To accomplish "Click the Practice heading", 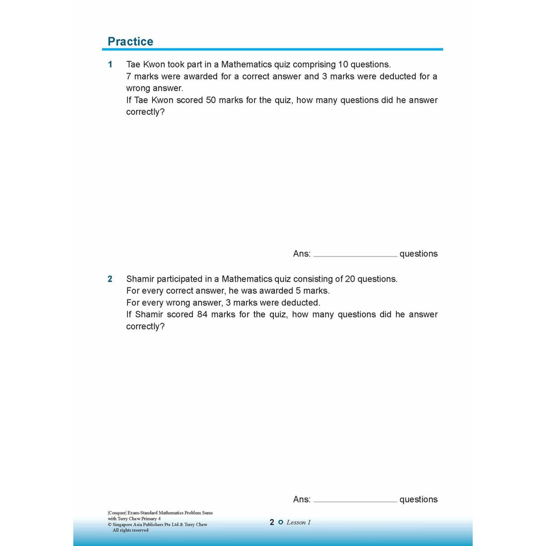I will pyautogui.click(x=130, y=42).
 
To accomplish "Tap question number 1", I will pyautogui.click(x=110, y=65).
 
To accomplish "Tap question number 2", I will pyautogui.click(x=110, y=279).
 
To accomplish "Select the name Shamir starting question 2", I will pyautogui.click(x=140, y=279).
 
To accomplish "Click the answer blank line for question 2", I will pyautogui.click(x=355, y=501).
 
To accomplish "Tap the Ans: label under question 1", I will pyautogui.click(x=302, y=254).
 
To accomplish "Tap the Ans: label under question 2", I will pyautogui.click(x=302, y=500).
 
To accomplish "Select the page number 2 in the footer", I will pyautogui.click(x=272, y=523).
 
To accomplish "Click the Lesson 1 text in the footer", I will pyautogui.click(x=299, y=523).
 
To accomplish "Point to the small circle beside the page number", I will pyautogui.click(x=281, y=523).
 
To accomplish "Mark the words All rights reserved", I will pyautogui.click(x=131, y=531).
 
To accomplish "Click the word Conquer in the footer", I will pyautogui.click(x=117, y=513).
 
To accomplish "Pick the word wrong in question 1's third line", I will pyautogui.click(x=138, y=88).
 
